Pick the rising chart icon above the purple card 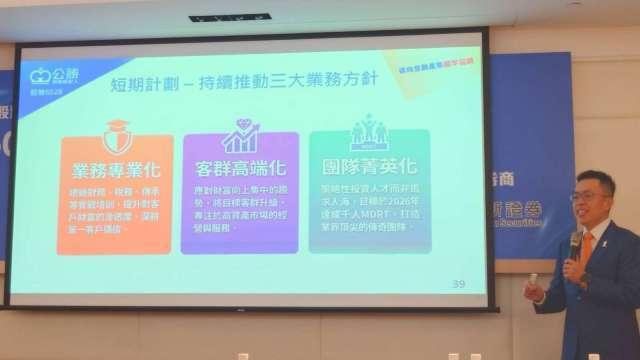pyautogui.click(x=240, y=133)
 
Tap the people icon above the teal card pyautogui.click(x=368, y=132)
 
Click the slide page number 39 pyautogui.click(x=459, y=284)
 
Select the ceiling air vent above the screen pyautogui.click(x=229, y=17)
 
